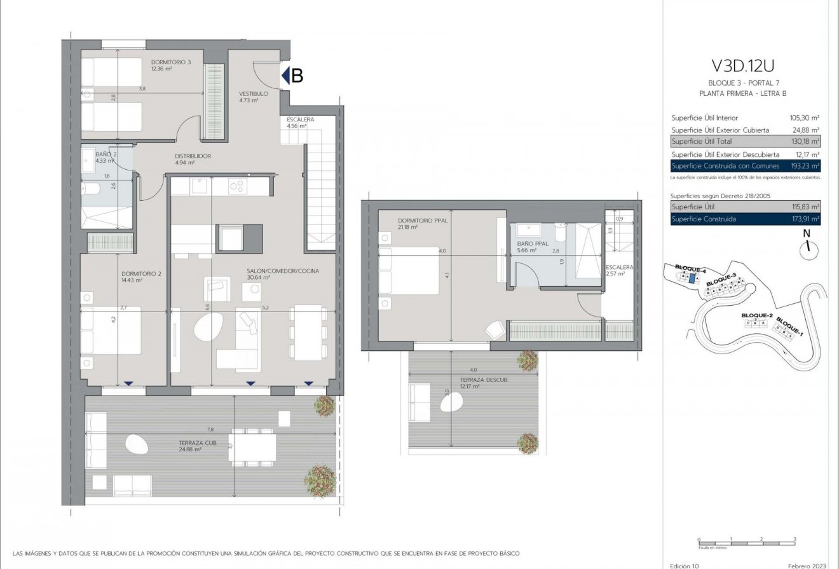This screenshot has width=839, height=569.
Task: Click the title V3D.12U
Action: pyautogui.click(x=743, y=66)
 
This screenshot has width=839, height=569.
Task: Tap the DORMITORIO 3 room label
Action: pyautogui.click(x=171, y=62)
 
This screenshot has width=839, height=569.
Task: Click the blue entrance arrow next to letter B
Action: pyautogui.click(x=285, y=76)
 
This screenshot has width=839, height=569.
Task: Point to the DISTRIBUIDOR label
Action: pyautogui.click(x=193, y=156)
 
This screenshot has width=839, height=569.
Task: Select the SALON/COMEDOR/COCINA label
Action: pyautogui.click(x=283, y=271)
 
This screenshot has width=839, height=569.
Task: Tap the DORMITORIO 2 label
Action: pyautogui.click(x=141, y=275)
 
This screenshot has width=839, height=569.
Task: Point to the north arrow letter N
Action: pyautogui.click(x=807, y=233)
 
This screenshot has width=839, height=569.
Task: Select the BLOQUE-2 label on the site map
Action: pyautogui.click(x=756, y=316)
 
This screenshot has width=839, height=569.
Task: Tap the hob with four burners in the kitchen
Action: pyautogui.click(x=238, y=186)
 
